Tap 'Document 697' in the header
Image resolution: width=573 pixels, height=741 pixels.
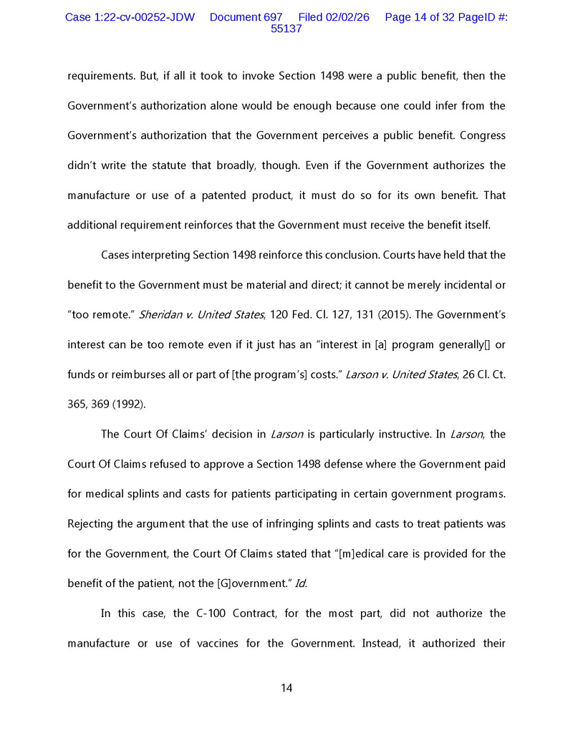pyautogui.click(x=246, y=17)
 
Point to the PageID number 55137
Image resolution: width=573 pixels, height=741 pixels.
pyautogui.click(x=286, y=29)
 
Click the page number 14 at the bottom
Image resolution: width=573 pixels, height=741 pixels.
pyautogui.click(x=286, y=689)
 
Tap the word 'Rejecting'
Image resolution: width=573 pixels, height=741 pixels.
pyautogui.click(x=90, y=523)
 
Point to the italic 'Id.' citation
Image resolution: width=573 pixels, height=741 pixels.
pyautogui.click(x=301, y=583)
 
